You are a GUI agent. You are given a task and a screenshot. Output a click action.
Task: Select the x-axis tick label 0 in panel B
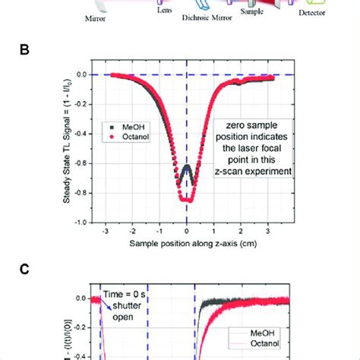pos(187,235)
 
